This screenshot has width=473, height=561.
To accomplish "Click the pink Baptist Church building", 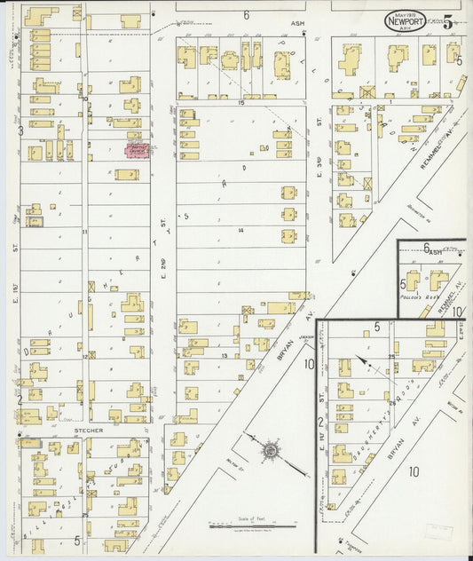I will tap(138, 151).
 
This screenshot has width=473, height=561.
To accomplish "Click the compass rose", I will tap(268, 451).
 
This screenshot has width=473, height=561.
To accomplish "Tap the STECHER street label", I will tap(89, 431).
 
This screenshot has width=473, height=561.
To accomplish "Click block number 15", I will tap(240, 103).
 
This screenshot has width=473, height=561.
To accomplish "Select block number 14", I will tap(240, 230).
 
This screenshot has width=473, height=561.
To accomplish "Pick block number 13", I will tap(225, 356).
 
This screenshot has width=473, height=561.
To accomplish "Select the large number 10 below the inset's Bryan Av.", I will tap(413, 473).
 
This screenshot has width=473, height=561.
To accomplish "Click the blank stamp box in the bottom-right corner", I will tap(438, 531).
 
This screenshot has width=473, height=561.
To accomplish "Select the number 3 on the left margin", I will tap(20, 130).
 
